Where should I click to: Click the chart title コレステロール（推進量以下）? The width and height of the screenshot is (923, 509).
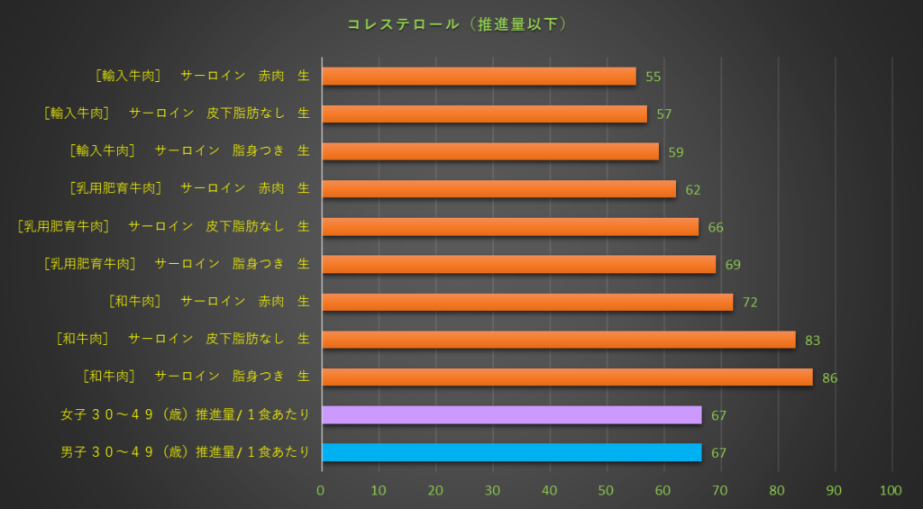pos(457,24)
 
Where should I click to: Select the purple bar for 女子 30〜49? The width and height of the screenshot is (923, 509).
pos(511,414)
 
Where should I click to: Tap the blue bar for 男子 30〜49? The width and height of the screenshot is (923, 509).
pos(511,452)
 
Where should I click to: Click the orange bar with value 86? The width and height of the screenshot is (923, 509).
pos(566,377)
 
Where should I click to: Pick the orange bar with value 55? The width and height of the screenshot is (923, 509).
pos(479,77)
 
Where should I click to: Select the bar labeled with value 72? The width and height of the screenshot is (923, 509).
pos(527,302)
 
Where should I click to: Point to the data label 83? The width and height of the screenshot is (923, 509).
pos(812,341)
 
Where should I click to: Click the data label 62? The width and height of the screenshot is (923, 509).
pos(692,190)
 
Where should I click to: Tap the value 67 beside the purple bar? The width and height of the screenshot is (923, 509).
pos(718,415)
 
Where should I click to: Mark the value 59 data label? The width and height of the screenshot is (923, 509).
pos(675,152)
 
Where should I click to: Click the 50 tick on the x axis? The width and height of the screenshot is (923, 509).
pos(607,490)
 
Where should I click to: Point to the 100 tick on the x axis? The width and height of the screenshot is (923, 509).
pos(891,490)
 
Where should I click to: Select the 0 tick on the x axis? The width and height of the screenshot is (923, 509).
pos(321,490)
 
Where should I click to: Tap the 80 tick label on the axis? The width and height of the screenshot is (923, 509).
pos(778,490)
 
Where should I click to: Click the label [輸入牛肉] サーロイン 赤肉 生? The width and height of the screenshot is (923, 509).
pos(202,76)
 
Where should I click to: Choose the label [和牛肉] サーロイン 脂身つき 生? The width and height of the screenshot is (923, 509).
pos(196,376)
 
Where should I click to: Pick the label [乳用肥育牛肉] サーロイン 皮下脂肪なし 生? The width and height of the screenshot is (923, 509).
pos(163,226)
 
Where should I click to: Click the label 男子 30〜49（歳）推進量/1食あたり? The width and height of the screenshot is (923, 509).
pos(185,451)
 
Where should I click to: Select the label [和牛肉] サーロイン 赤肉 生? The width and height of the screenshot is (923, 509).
pos(208,301)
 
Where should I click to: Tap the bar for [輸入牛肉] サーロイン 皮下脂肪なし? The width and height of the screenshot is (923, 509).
pos(484,114)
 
